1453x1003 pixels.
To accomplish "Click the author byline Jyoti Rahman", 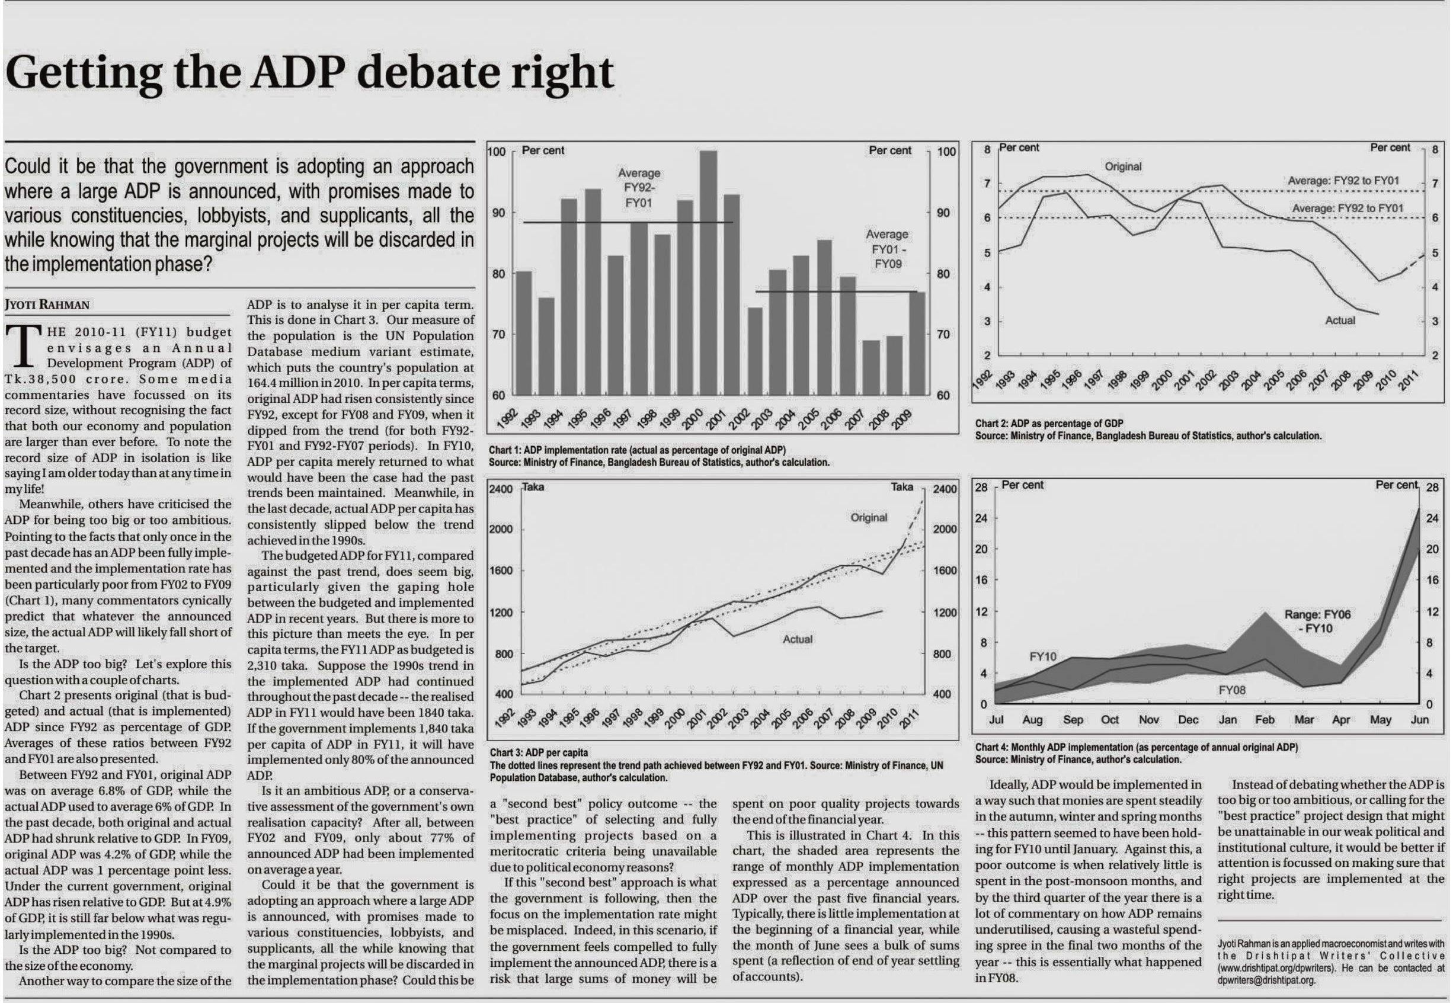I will point(47,305).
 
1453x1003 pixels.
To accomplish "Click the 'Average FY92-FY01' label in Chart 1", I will point(639,188).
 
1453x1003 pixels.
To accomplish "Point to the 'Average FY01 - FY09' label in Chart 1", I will point(888,249).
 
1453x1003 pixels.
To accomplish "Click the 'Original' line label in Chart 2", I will point(1123,166).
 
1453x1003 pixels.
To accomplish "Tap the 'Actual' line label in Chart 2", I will point(1340,321).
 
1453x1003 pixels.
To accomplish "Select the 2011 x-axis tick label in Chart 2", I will point(1407,380).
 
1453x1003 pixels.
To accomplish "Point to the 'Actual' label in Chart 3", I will point(798,639).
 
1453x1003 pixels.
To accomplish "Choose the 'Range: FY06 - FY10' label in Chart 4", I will point(1317,621).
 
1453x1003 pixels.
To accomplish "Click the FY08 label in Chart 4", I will point(1232,690).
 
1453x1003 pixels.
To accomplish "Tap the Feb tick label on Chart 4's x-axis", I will point(1265,720).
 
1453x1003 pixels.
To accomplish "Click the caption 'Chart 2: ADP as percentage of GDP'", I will point(1049,424).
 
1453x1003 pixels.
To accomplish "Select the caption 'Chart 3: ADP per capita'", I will point(539,752).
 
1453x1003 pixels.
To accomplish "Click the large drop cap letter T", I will point(24,346).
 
